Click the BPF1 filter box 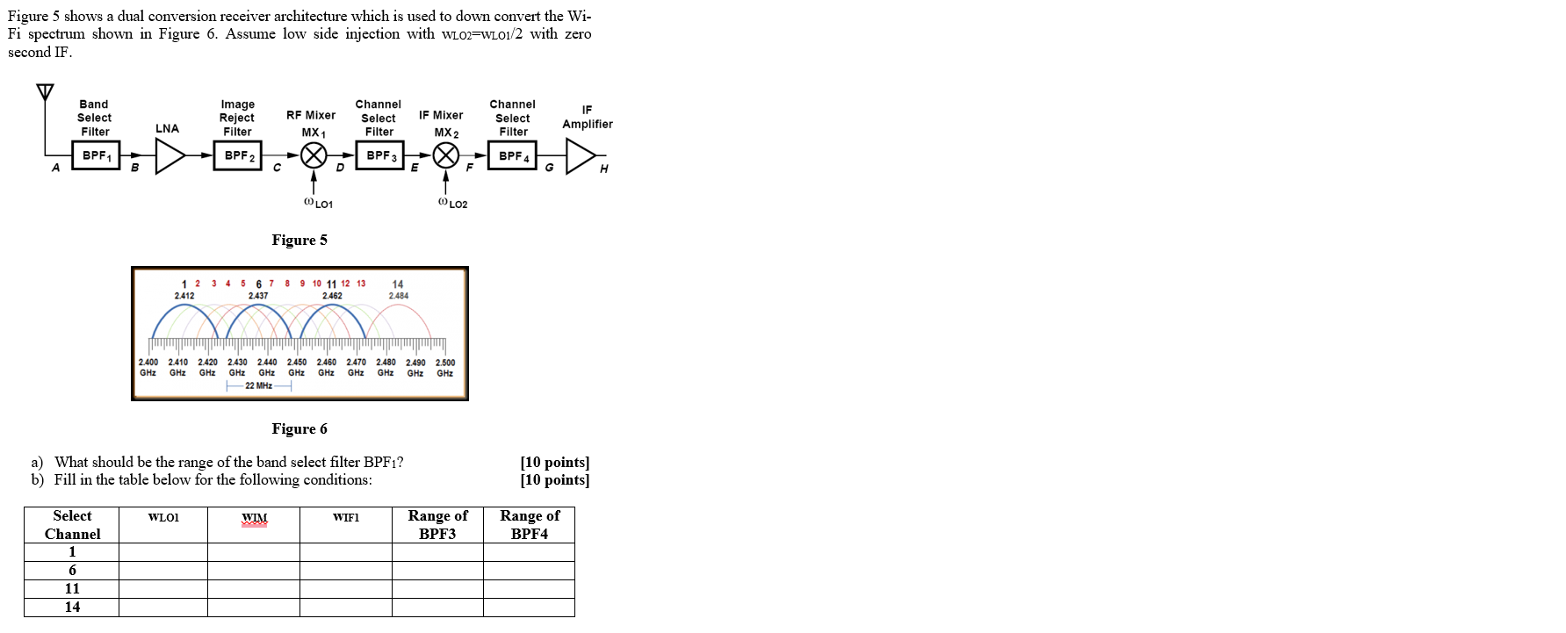point(96,156)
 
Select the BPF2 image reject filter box point(238,156)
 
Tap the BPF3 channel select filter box point(380,155)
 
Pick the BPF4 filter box point(513,156)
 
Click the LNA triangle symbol point(169,156)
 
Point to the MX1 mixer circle point(314,155)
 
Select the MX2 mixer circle point(446,155)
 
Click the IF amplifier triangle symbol point(580,156)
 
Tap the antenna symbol point(45,91)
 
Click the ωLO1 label point(318,204)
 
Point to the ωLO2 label point(452,204)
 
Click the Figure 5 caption point(299,240)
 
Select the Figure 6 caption point(299,428)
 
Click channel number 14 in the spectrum point(398,284)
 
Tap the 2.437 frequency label point(258,296)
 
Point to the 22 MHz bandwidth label point(258,385)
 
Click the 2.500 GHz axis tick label point(445,367)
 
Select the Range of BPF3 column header point(437,524)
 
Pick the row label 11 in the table point(72,588)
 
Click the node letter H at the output point(603,169)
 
